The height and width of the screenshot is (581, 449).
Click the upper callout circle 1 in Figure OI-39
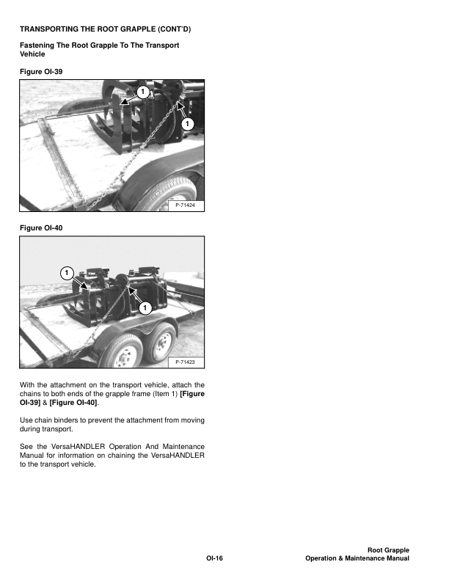[142, 91]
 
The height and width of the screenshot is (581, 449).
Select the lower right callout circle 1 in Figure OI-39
[187, 125]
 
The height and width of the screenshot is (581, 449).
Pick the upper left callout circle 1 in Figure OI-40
[66, 273]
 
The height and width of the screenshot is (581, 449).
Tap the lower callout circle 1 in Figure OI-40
[145, 306]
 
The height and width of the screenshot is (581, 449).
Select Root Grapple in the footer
[387, 550]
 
